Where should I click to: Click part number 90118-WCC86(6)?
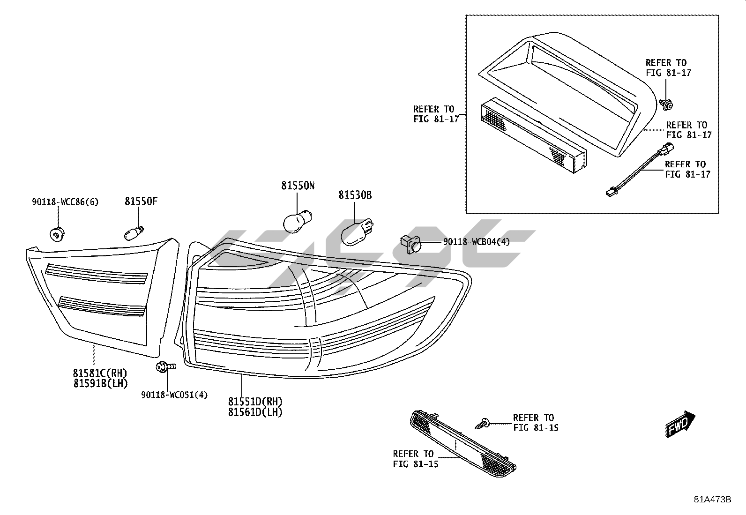(x=65, y=202)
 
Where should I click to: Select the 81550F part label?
(x=141, y=202)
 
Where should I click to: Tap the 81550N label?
(x=298, y=186)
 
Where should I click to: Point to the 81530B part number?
(x=355, y=195)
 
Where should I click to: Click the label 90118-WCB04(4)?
(x=476, y=242)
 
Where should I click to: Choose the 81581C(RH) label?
(x=100, y=373)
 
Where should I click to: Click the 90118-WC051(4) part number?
(x=174, y=395)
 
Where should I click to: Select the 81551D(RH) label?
(x=256, y=402)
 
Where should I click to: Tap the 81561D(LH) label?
(x=256, y=412)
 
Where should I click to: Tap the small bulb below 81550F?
(x=134, y=231)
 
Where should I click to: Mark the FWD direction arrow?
(x=680, y=424)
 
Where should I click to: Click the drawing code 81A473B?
(x=712, y=499)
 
